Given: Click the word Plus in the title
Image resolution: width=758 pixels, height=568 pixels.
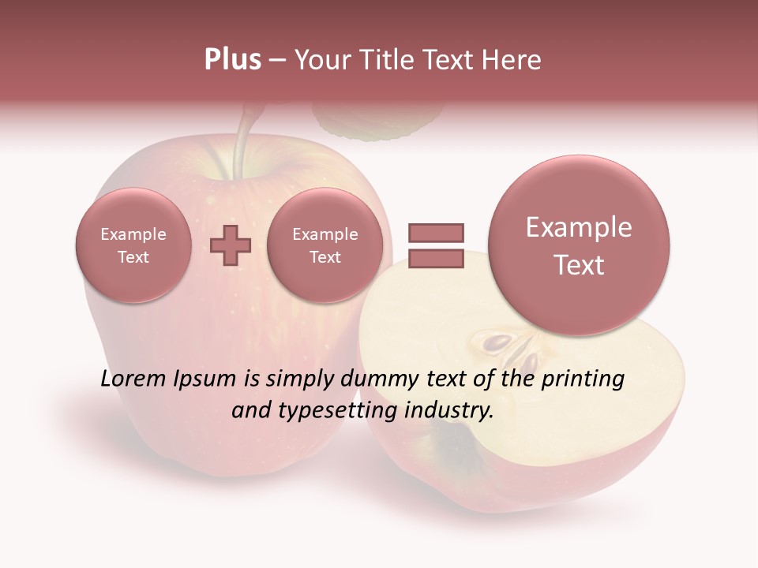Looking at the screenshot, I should click(232, 60).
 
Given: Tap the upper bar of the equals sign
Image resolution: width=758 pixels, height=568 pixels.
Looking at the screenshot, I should click(435, 233).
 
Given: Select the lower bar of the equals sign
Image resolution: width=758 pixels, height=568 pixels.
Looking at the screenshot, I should click(435, 259).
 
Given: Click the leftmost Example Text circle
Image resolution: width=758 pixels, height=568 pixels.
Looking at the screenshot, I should click(133, 245).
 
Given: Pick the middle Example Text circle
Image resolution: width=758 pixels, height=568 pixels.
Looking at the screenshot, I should click(325, 245).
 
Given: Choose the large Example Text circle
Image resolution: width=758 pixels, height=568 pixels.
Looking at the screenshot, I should click(579, 245).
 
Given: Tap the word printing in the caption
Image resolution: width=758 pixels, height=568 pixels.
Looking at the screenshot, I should click(583, 379).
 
